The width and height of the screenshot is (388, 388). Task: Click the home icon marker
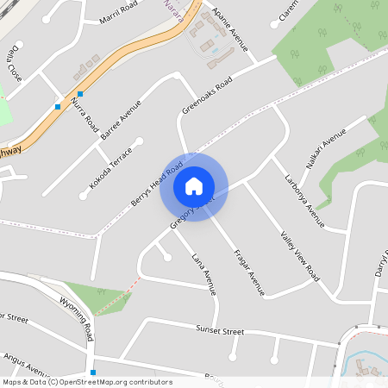coord(193,186)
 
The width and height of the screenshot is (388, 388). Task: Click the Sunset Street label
coord(222,331)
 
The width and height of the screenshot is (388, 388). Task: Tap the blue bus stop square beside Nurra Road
coord(79,93)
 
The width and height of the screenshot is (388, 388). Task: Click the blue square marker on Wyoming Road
coord(92,372)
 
